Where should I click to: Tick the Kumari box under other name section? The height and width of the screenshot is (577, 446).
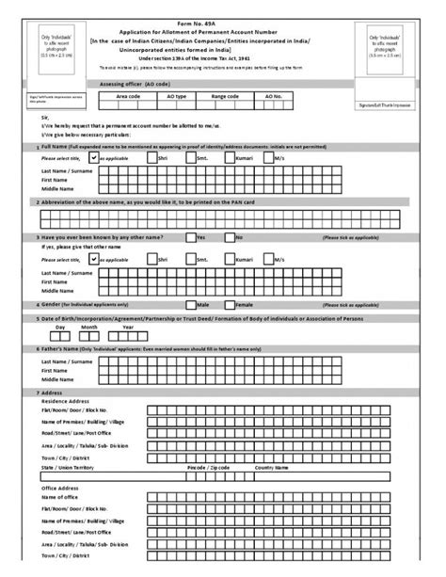[x=255, y=257]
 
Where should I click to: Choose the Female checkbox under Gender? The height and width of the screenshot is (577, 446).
[x=230, y=305]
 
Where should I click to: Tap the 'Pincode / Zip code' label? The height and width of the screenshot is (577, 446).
[x=208, y=466]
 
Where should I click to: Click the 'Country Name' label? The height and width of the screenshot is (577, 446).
[x=270, y=466]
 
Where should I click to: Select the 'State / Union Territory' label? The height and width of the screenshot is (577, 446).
[x=68, y=466]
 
